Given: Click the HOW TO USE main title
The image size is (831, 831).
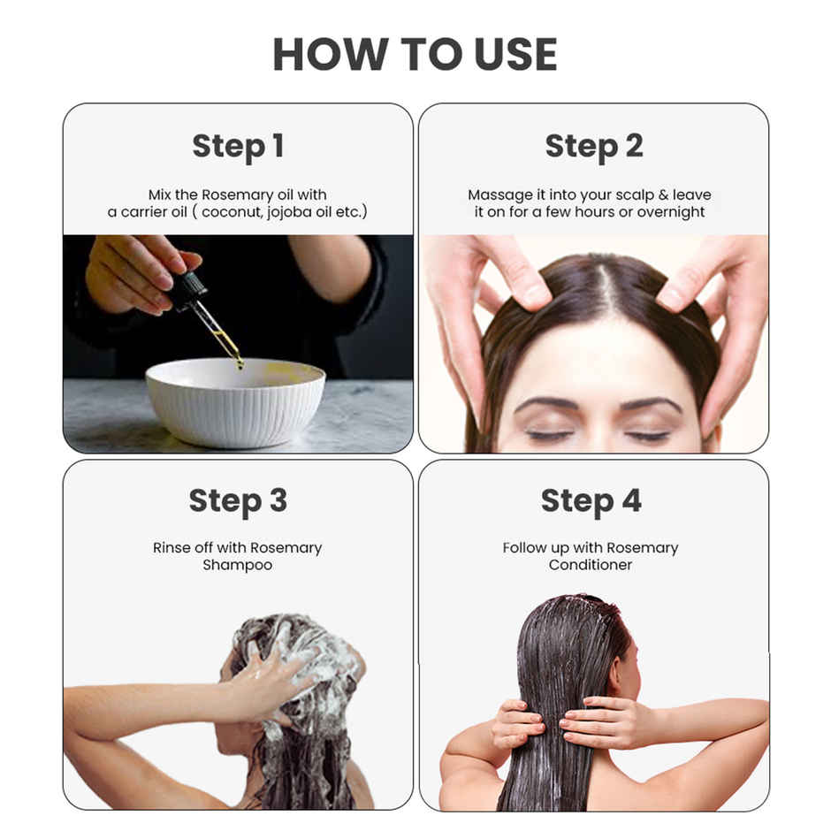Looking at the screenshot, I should (415, 55).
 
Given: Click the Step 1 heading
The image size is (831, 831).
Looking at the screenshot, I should (238, 147).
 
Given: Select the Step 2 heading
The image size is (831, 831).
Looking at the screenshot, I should (593, 147).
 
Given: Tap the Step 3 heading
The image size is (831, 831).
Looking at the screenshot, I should (238, 501).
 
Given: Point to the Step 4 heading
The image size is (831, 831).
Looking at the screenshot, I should (591, 501).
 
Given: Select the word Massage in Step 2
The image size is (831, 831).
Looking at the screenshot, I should (501, 194).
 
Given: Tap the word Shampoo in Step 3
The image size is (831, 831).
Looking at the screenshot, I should (237, 565).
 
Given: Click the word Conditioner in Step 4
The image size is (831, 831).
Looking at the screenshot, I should (591, 565).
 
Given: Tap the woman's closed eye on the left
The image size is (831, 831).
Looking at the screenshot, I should (549, 435).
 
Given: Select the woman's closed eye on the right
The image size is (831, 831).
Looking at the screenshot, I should (648, 435).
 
